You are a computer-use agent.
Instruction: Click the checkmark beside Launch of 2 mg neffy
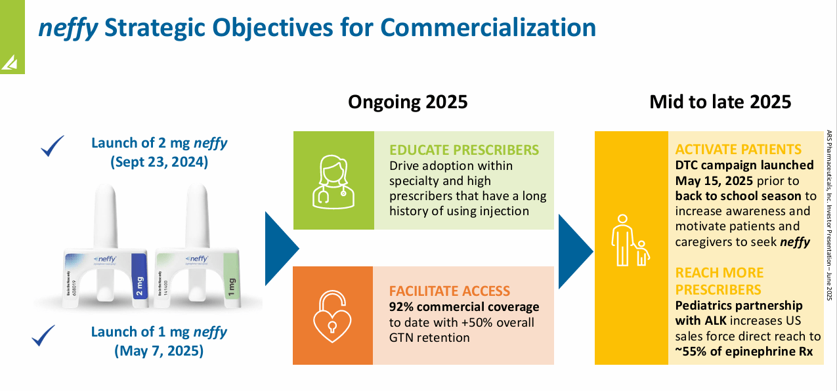53,146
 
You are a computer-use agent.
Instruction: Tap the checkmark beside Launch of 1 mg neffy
43,335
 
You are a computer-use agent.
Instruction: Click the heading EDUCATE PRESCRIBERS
465,149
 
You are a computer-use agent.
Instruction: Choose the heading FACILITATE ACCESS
450,291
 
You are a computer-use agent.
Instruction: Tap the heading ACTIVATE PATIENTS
739,149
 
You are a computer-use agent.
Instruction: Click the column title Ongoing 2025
408,102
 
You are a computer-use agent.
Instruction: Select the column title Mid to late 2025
720,102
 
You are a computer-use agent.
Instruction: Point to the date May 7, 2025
160,351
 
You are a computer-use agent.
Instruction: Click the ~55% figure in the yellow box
693,352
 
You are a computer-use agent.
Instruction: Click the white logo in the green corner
11,62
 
